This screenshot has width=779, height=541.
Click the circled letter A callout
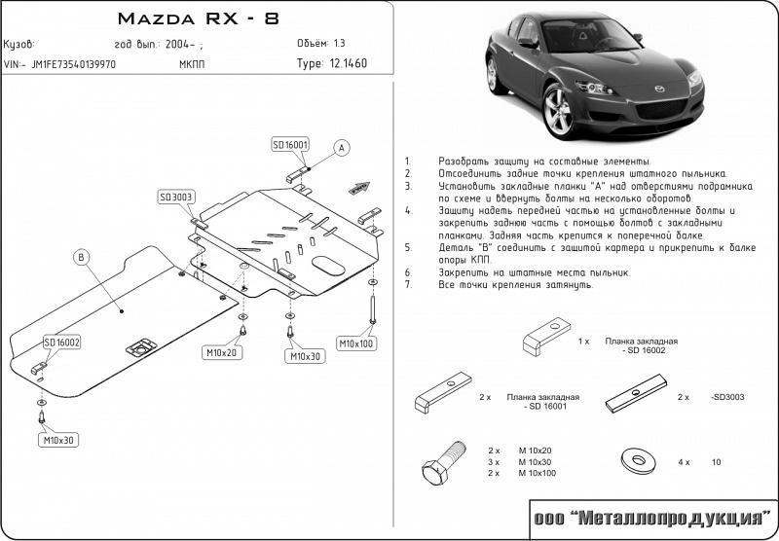341,148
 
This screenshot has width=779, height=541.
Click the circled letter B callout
81,257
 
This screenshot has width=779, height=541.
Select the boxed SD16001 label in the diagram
290,145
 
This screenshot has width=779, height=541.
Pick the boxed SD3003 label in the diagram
175,197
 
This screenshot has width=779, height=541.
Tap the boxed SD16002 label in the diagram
61,343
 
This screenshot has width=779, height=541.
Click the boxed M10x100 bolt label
356,343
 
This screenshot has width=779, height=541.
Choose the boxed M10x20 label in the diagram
222,351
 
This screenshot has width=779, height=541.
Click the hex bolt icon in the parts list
443,464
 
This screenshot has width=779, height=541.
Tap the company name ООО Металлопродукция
651,519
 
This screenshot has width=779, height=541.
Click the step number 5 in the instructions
409,246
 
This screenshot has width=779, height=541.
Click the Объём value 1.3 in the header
339,44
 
